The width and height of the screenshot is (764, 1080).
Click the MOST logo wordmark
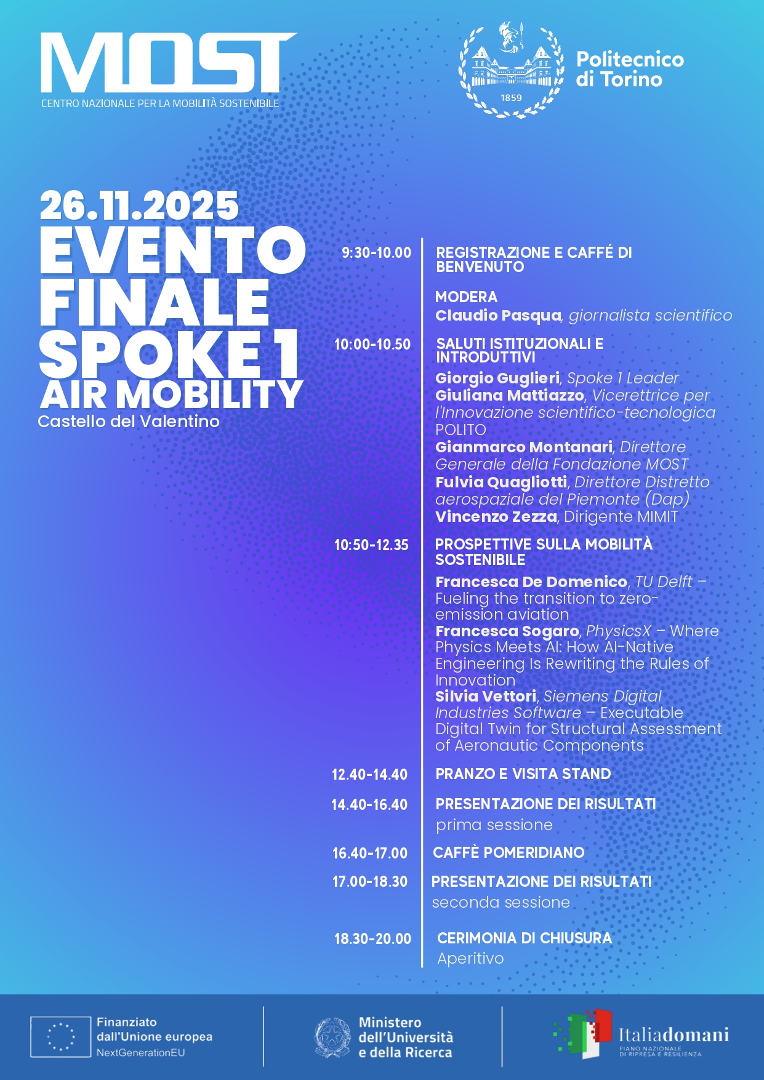pyautogui.click(x=167, y=63)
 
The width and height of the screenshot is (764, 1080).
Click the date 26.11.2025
pyautogui.click(x=139, y=206)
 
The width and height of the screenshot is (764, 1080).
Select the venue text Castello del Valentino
pyautogui.click(x=129, y=422)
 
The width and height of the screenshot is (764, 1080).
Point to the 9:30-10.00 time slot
pyautogui.click(x=376, y=252)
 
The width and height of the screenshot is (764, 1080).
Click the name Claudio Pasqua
pyautogui.click(x=498, y=316)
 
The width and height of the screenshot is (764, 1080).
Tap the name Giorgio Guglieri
pyautogui.click(x=497, y=378)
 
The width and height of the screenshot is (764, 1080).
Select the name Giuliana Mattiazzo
pyautogui.click(x=510, y=395)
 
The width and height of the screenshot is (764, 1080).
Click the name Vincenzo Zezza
pyautogui.click(x=496, y=517)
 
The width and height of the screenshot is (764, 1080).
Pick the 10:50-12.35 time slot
pyautogui.click(x=371, y=545)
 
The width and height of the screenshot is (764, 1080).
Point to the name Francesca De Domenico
pyautogui.click(x=531, y=582)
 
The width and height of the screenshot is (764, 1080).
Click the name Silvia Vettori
pyautogui.click(x=486, y=696)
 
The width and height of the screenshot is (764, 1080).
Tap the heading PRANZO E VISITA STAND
pyautogui.click(x=523, y=774)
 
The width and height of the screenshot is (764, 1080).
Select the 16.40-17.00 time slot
pyautogui.click(x=370, y=853)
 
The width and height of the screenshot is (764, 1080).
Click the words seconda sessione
pyautogui.click(x=501, y=903)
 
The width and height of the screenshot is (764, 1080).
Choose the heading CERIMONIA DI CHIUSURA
pyautogui.click(x=525, y=938)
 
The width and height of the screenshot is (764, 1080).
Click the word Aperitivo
pyautogui.click(x=470, y=959)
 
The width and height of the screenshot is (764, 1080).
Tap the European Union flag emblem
pyautogui.click(x=61, y=1037)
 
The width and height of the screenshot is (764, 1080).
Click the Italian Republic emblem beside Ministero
pyautogui.click(x=333, y=1037)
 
